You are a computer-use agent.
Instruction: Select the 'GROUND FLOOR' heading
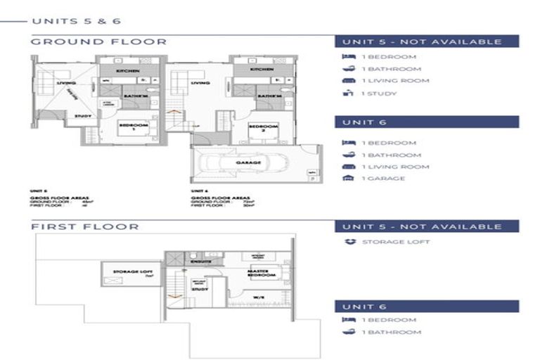pyautogui.click(x=98, y=41)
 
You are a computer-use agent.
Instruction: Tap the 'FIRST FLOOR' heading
pyautogui.click(x=84, y=226)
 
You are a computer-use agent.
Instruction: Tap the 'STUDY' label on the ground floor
pyautogui.click(x=83, y=117)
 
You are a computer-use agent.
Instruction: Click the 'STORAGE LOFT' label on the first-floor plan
pyautogui.click(x=128, y=269)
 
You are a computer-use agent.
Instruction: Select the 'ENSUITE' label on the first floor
pyautogui.click(x=199, y=261)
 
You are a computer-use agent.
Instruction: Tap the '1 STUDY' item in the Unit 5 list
pyautogui.click(x=378, y=94)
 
